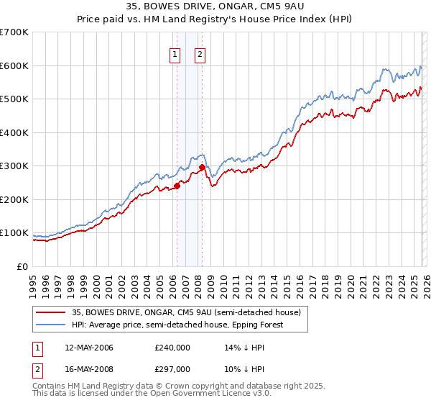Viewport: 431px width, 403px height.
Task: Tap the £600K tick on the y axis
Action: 14,65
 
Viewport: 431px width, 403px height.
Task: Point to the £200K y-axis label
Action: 14,199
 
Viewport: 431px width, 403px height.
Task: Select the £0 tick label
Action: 22,266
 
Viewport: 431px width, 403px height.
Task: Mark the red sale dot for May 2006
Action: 177,186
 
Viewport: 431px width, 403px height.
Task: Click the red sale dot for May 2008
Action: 202,167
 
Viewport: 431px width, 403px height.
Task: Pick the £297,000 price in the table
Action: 172,368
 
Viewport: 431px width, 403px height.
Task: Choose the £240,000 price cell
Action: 172,348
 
